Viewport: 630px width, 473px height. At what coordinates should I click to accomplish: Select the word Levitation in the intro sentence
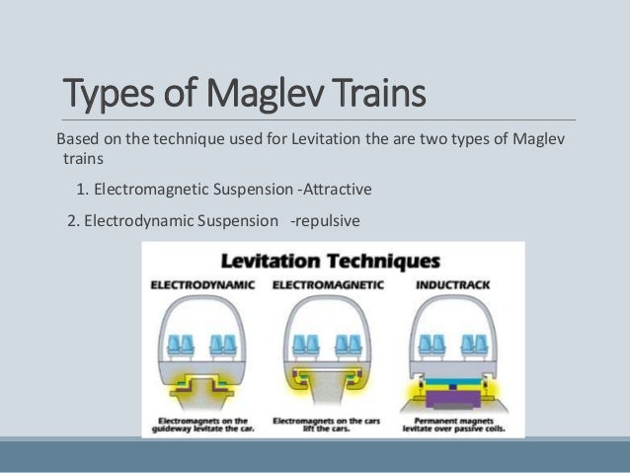point(326,137)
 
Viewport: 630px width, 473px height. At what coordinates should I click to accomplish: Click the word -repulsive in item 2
point(325,219)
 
